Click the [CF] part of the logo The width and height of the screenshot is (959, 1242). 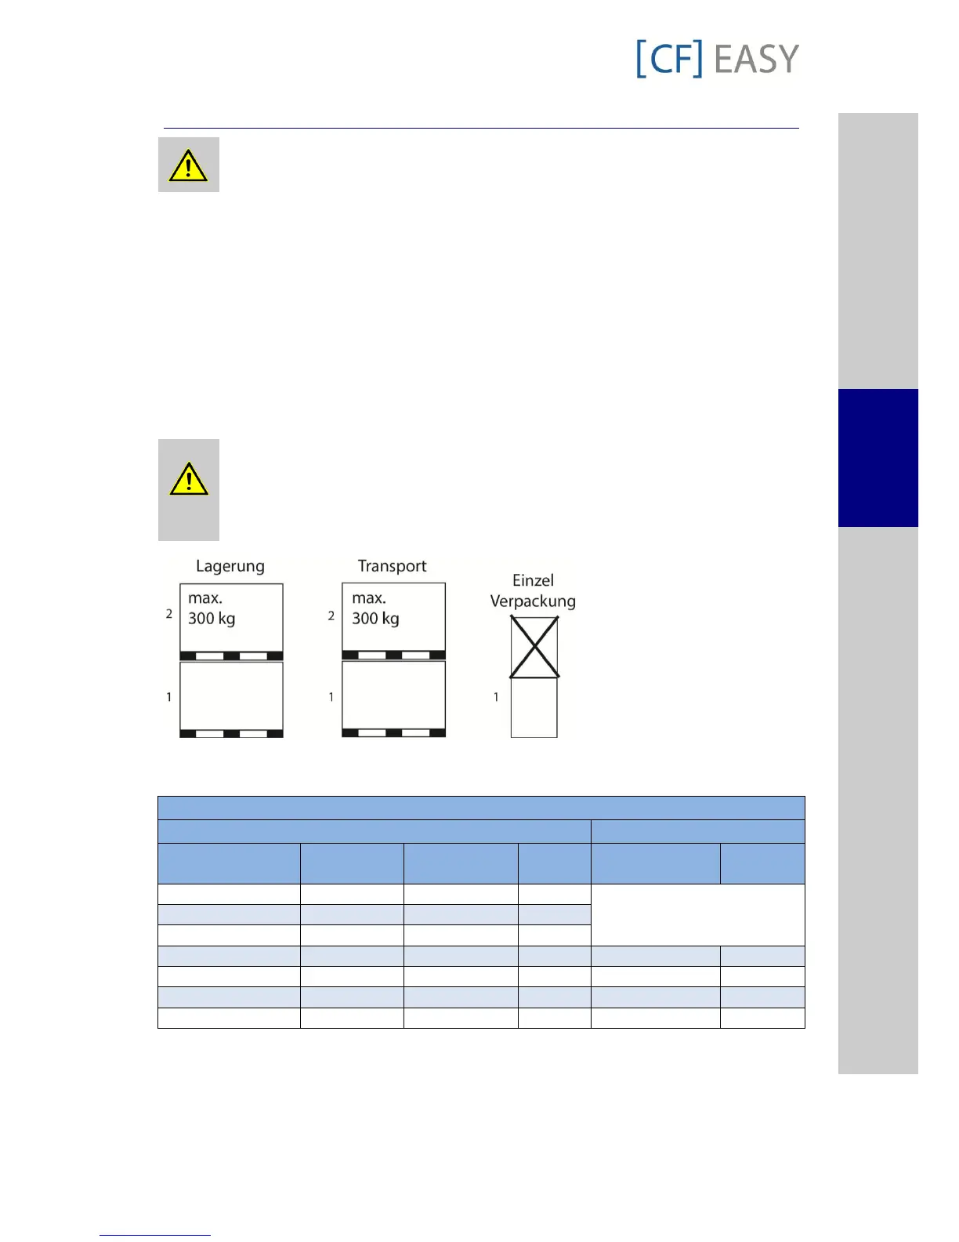point(668,59)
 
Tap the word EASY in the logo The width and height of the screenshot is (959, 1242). point(756,60)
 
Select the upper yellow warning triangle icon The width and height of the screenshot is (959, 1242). point(188,165)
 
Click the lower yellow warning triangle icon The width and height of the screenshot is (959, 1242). point(188,479)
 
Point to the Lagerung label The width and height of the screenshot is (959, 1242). point(230,566)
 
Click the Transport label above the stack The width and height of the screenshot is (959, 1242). point(392,566)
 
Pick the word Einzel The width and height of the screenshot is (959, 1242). point(533,580)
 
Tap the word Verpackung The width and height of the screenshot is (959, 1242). point(533,601)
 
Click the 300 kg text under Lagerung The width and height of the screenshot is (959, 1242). point(212,619)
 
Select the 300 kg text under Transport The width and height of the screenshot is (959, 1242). point(375,619)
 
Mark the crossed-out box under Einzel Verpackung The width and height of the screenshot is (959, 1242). point(534,647)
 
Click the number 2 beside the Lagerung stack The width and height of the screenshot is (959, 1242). point(168,614)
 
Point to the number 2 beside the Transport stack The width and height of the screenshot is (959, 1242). point(331,616)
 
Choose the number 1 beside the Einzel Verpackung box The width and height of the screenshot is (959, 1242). point(496,697)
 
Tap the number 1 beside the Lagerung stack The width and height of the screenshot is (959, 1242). point(168,697)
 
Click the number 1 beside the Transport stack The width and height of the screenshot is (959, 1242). point(331,697)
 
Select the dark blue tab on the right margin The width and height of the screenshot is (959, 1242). point(878,457)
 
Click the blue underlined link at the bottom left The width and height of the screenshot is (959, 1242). point(155,1235)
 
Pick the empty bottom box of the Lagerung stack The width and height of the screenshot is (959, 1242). point(231,696)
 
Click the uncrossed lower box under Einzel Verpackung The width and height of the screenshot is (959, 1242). point(534,708)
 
